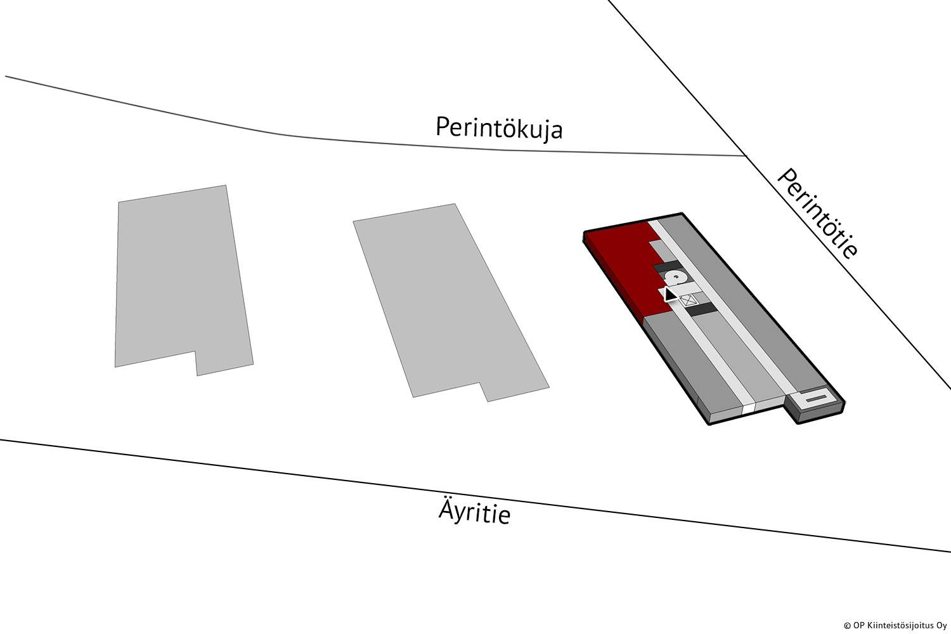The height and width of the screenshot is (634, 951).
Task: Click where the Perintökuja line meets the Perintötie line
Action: pos(746,156)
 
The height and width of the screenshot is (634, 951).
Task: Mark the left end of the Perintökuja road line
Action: pos(6,77)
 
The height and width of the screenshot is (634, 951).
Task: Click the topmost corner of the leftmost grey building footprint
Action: pos(226,185)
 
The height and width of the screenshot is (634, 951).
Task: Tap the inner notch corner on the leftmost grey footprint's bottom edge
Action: pos(195,351)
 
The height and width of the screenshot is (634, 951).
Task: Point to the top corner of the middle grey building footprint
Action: pos(455,204)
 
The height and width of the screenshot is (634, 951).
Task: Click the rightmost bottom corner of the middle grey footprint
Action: pos(549,387)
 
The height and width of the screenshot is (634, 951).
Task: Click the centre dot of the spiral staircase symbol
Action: pos(675,277)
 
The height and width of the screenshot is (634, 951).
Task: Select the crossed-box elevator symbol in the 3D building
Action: pos(689,301)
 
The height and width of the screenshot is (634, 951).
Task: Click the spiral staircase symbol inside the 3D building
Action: pos(675,277)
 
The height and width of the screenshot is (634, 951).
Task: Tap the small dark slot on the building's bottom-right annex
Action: pos(815,398)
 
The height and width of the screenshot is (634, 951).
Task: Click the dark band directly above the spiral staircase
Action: pos(668,268)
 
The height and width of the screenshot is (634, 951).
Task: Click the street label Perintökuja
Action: pos(499,128)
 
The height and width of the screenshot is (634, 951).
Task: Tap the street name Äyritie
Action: pos(474,511)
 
